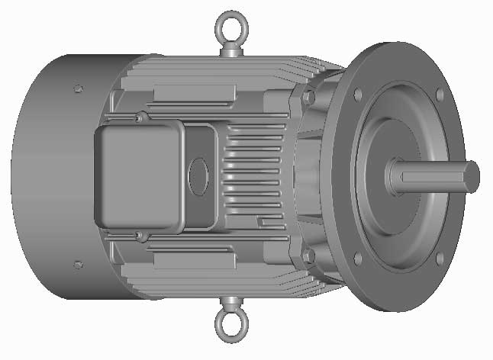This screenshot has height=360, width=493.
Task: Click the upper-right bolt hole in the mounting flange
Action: [439, 94]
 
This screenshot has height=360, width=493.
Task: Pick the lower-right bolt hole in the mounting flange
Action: [440, 259]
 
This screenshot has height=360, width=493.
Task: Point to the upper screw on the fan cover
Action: [77, 88]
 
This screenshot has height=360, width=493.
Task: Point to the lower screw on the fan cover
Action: [77, 265]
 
